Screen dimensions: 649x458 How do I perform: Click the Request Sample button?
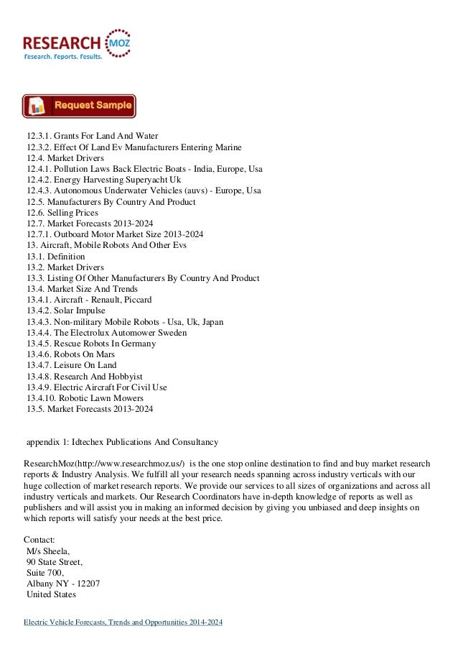[x=79, y=106]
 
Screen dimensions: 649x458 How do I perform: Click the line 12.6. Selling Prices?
[x=63, y=213]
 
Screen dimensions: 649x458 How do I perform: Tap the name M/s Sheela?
[x=50, y=551]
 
